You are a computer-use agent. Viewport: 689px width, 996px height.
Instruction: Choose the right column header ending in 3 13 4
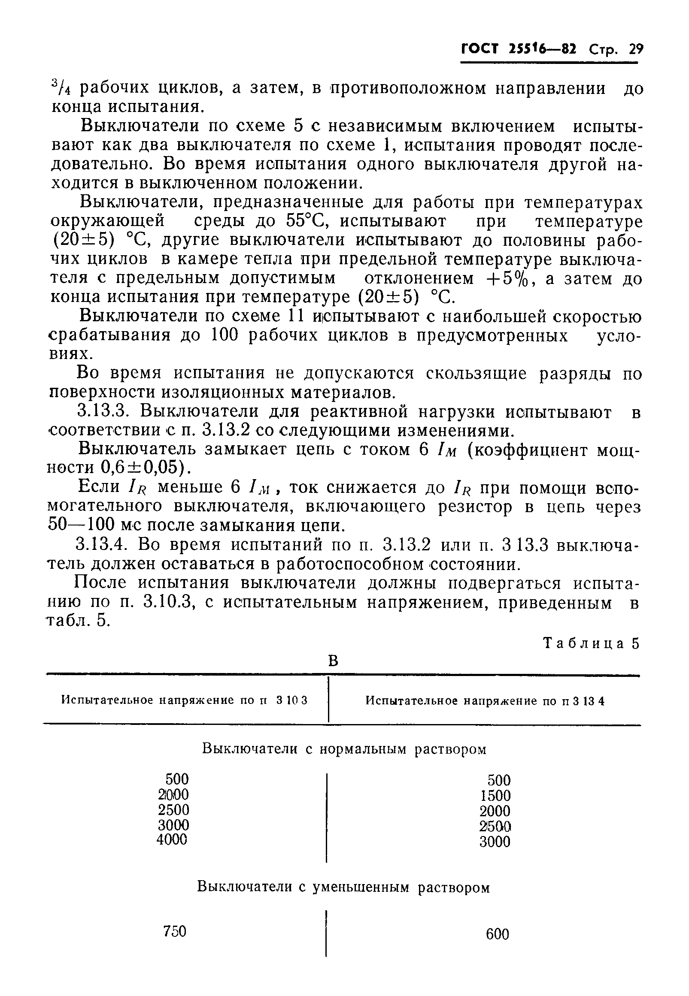485,701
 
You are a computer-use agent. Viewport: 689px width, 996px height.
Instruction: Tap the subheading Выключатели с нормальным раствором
344,749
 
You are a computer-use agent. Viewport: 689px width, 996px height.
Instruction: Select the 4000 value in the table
172,839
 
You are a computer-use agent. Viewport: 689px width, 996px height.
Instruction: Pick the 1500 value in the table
495,795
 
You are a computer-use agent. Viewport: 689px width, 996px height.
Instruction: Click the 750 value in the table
175,932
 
